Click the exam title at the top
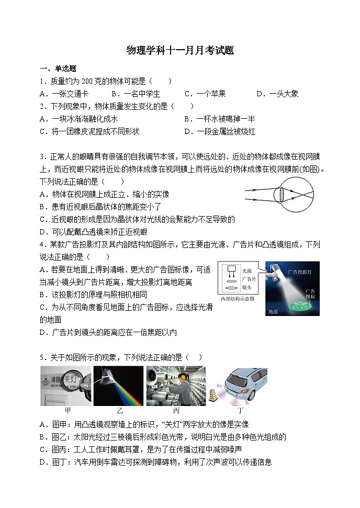click(180, 50)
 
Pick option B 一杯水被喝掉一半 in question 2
click(220, 119)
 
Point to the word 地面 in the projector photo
click(273, 311)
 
